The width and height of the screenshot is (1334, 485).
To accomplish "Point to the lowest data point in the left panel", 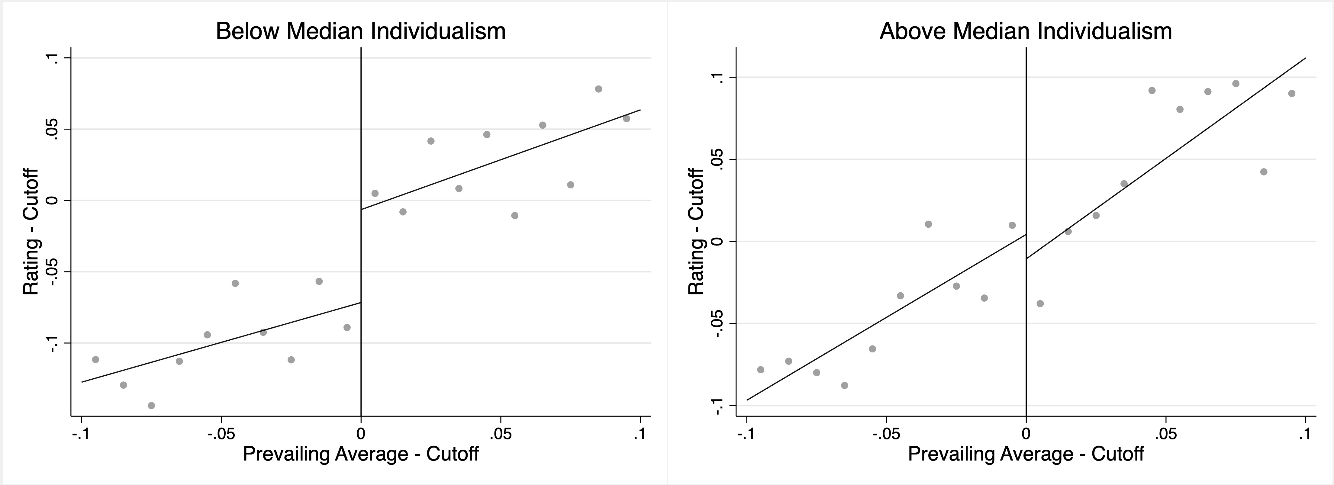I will [151, 405].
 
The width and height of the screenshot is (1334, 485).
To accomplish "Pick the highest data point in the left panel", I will [599, 89].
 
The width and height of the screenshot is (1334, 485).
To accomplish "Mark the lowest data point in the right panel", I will [845, 385].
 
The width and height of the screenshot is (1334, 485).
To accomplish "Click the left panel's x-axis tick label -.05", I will [221, 433].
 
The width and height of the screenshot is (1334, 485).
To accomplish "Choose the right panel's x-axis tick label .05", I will [1166, 433].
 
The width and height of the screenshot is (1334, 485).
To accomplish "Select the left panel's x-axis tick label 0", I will [361, 433].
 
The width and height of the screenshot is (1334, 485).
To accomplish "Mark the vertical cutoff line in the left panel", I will [361, 129].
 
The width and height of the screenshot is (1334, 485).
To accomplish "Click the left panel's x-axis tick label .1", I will [640, 433].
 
